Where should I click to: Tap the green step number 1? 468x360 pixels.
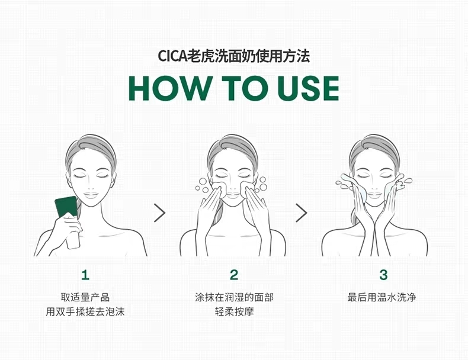(x=85, y=275)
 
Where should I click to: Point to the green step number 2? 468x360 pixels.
(x=234, y=275)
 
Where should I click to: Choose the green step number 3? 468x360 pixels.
(x=383, y=275)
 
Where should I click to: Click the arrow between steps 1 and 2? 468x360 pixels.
(x=160, y=213)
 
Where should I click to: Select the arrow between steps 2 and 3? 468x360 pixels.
(x=302, y=213)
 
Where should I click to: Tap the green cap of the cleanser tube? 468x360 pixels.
(x=66, y=206)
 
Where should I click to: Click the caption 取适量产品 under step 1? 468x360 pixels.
(x=85, y=297)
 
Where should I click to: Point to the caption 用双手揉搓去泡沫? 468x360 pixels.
(x=85, y=312)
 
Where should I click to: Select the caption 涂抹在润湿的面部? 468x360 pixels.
(x=234, y=297)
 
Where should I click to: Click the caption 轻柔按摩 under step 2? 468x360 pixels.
(x=234, y=312)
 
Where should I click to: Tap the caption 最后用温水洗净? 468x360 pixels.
(x=382, y=297)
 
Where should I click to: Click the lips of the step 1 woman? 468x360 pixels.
(x=91, y=195)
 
